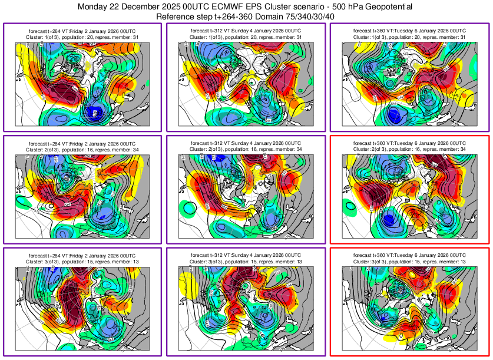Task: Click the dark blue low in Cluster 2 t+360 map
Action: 388,220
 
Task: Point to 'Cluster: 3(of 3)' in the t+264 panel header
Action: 45,261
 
